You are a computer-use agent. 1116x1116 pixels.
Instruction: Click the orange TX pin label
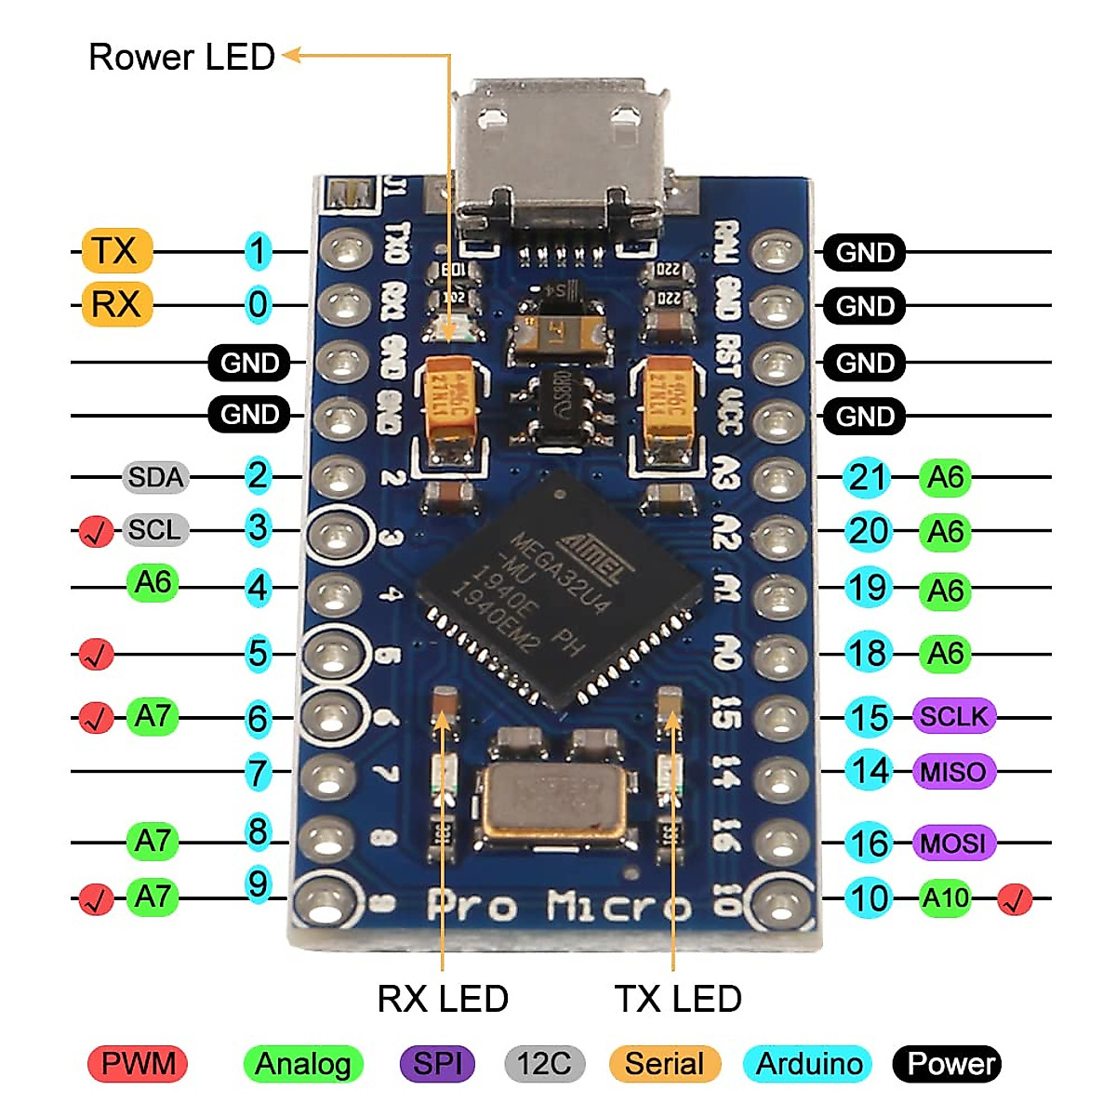point(116,251)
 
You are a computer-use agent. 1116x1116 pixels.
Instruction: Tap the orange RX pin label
point(116,304)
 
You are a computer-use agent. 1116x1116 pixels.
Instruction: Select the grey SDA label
point(155,477)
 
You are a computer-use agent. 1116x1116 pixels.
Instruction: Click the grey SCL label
point(155,530)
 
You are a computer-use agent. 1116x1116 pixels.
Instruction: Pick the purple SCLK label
point(954,716)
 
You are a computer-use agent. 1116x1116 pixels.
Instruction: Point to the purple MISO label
point(954,771)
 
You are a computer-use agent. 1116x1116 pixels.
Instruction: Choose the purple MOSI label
point(954,844)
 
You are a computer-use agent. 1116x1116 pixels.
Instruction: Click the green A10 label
point(946,898)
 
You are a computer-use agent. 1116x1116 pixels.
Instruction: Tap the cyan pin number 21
point(868,477)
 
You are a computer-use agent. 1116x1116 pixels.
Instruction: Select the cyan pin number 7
point(258,773)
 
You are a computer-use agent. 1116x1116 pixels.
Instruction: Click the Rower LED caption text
point(181,58)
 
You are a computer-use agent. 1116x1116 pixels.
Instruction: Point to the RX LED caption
point(443,999)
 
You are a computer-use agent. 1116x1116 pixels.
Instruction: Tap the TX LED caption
point(678,999)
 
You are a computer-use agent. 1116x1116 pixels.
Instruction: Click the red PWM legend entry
point(138,1064)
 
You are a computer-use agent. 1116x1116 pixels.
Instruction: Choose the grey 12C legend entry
point(544,1064)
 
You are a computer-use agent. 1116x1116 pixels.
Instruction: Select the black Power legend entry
point(947,1064)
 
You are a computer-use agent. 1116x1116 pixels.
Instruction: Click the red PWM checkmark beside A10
point(1015,899)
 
